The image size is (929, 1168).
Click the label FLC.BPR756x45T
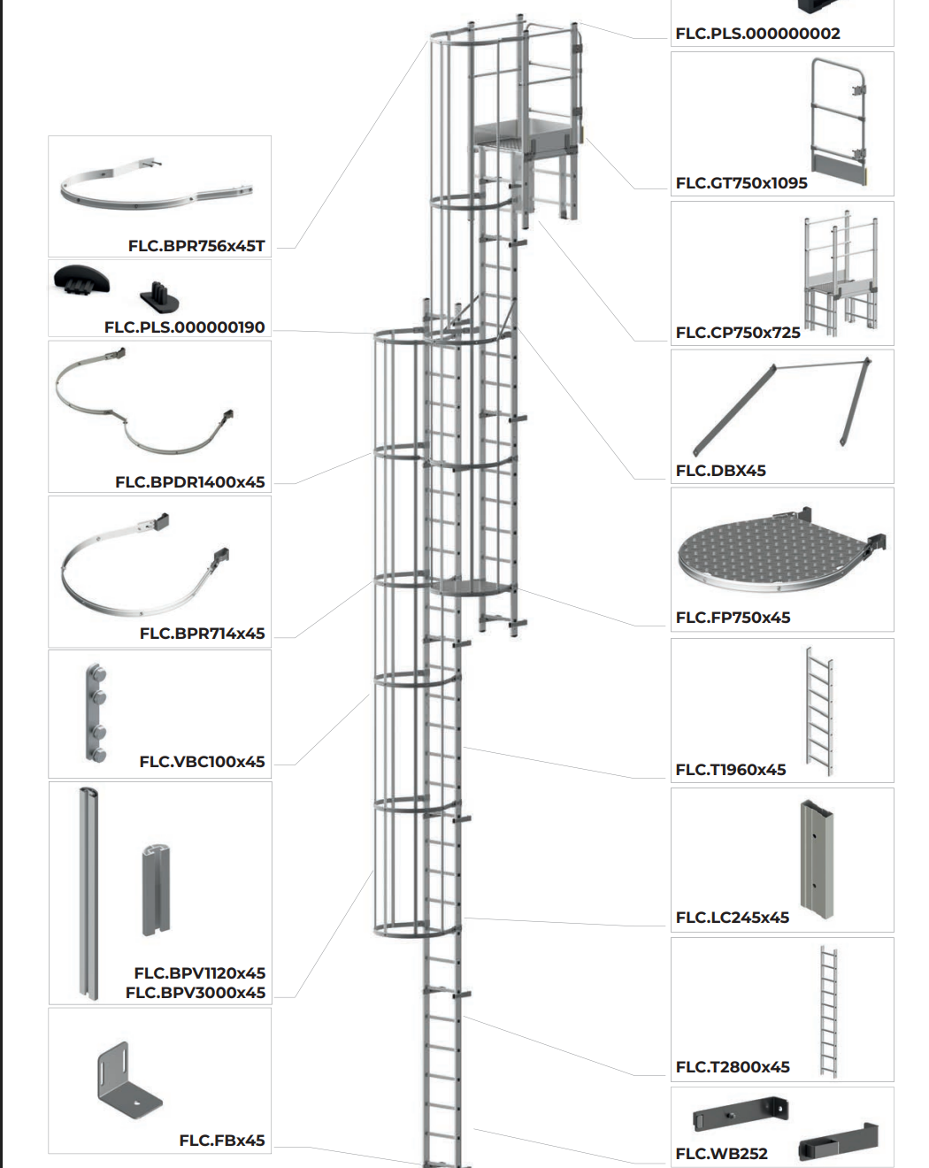pos(196,246)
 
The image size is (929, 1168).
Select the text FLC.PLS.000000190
pos(184,327)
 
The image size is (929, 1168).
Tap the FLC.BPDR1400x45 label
pos(189,482)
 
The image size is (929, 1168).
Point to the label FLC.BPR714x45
pos(202,634)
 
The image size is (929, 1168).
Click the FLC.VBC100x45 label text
pos(202,762)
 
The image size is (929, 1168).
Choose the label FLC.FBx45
pos(221,1141)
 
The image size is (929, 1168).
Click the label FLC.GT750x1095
pos(741,183)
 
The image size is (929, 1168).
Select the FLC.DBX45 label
pos(720,471)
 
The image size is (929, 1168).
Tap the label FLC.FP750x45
pos(733,618)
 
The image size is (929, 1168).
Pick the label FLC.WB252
pos(721,1154)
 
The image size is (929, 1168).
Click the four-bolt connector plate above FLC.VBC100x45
pos(96,711)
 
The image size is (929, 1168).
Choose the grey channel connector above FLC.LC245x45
pos(816,858)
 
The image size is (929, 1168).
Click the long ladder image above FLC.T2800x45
pos(827,1010)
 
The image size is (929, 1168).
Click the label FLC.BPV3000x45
pos(195,993)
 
